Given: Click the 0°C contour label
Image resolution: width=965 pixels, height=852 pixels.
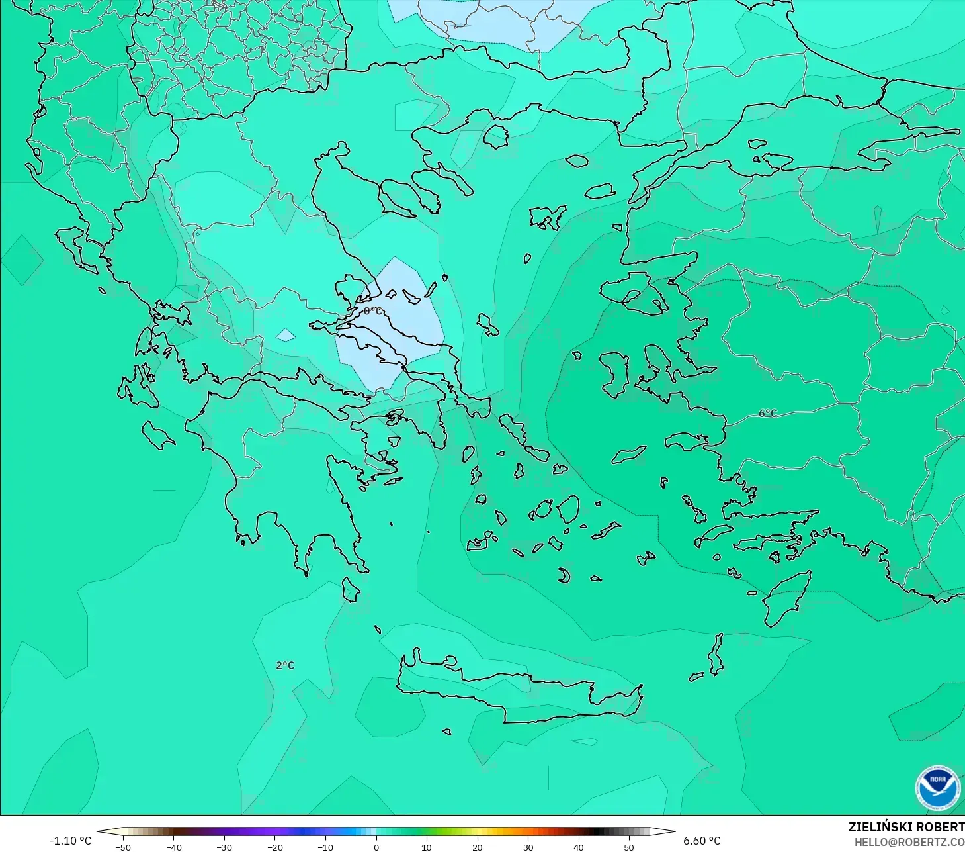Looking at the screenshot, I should pyautogui.click(x=372, y=311).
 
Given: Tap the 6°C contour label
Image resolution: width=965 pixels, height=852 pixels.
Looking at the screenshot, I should pyautogui.click(x=768, y=413).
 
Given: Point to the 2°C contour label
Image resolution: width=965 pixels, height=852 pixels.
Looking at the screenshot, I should pyautogui.click(x=285, y=665).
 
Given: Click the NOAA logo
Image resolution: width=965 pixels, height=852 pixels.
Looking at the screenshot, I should pyautogui.click(x=937, y=788).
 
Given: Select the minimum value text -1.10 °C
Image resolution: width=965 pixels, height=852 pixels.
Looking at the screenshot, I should pyautogui.click(x=71, y=841).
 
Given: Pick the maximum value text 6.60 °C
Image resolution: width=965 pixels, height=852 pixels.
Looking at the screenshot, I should pyautogui.click(x=702, y=841).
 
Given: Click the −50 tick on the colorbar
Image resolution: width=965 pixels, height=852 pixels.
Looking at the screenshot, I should pyautogui.click(x=123, y=847).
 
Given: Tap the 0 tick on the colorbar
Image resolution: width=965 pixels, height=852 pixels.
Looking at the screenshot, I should pyautogui.click(x=376, y=847).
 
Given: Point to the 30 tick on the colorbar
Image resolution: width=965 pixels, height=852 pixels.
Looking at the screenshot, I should pyautogui.click(x=528, y=847).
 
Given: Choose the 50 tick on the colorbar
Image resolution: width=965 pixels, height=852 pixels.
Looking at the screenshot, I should pyautogui.click(x=629, y=847).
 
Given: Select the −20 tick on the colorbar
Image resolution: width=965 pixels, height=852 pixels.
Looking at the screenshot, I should pyautogui.click(x=275, y=847).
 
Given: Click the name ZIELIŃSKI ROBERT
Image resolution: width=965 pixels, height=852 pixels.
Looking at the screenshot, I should pyautogui.click(x=906, y=827).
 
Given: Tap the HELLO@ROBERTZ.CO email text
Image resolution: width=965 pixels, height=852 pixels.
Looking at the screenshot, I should pyautogui.click(x=909, y=842).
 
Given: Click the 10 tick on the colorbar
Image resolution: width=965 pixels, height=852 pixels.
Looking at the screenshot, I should pyautogui.click(x=427, y=847).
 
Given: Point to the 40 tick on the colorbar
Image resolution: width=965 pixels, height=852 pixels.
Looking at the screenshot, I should pyautogui.click(x=579, y=847).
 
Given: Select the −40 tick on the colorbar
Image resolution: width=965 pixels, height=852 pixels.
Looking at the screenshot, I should pyautogui.click(x=174, y=847).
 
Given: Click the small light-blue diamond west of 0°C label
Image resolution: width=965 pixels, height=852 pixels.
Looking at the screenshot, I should pyautogui.click(x=286, y=335).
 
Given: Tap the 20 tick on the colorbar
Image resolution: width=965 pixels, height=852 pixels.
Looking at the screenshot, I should pyautogui.click(x=478, y=847).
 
